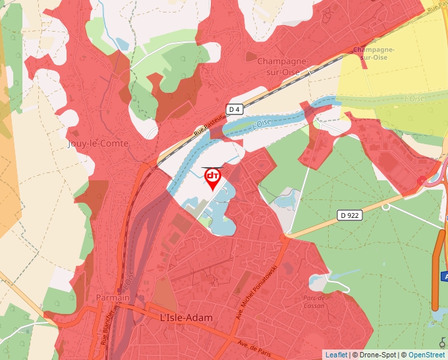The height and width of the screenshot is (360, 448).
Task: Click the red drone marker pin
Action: tap(213, 178)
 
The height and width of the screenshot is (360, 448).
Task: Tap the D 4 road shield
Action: tap(235, 109)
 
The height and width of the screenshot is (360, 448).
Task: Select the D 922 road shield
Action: tap(350, 215)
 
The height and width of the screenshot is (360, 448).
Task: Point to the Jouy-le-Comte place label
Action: tap(98, 143)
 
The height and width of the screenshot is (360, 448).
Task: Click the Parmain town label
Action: tap(112, 298)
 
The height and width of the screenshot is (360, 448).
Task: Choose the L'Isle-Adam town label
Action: tap(186, 318)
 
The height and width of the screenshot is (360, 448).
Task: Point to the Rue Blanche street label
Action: tap(105, 327)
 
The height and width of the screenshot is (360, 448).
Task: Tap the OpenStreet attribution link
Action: tap(426, 355)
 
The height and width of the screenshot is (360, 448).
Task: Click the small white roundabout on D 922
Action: tap(385, 207)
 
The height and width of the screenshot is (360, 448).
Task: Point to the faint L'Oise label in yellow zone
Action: tap(414, 99)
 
